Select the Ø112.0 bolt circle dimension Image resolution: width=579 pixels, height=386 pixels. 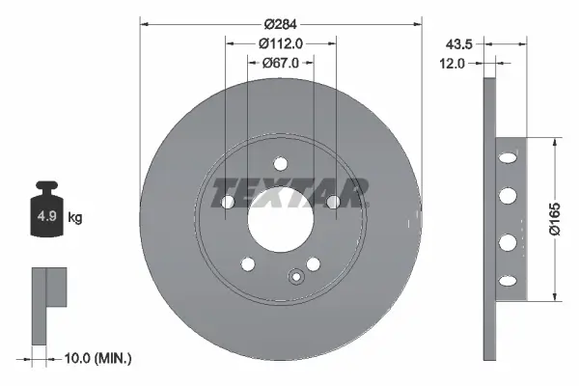pos(281,42)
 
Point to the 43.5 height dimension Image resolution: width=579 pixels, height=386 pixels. pos(458,43)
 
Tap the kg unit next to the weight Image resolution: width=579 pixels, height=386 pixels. pos(75,217)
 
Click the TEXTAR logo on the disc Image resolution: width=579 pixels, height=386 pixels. pos(290,192)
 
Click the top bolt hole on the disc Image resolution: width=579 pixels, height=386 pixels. pos(281,163)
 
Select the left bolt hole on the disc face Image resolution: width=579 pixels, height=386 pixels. pos(228,203)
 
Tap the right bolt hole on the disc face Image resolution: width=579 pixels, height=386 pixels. pos(334,203)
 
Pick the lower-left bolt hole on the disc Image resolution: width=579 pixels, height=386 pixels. pos(248,264)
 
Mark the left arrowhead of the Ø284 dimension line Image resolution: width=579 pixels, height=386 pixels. pos(145,19)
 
